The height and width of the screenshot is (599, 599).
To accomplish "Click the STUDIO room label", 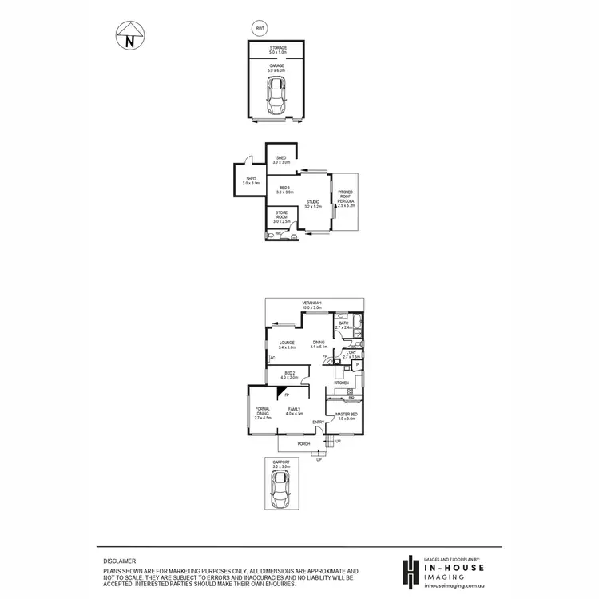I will [x=313, y=204].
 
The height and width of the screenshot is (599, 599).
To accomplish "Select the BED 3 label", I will [x=285, y=189].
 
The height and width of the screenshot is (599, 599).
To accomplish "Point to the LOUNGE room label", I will [x=288, y=344].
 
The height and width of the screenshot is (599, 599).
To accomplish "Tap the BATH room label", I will [x=343, y=325].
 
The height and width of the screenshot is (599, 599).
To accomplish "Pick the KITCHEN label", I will [x=342, y=383].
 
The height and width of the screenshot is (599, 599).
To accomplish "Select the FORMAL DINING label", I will [x=263, y=412].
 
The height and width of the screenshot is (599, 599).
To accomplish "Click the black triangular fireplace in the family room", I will [x=282, y=391].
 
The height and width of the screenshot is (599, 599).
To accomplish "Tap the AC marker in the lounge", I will [x=272, y=358].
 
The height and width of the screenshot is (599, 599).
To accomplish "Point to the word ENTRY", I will [x=318, y=422].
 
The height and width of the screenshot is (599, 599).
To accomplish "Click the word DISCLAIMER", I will [x=119, y=561].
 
